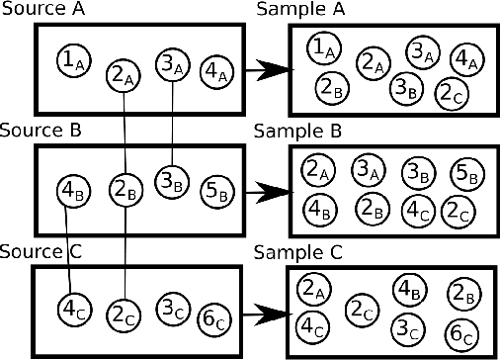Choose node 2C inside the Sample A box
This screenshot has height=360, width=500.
(452, 94)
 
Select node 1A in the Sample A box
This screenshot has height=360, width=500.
(319, 46)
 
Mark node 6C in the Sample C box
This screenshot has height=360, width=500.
(460, 333)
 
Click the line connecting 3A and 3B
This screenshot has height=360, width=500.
(173, 124)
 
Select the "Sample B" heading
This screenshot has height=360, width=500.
(297, 131)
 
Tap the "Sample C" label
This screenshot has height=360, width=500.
(297, 251)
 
